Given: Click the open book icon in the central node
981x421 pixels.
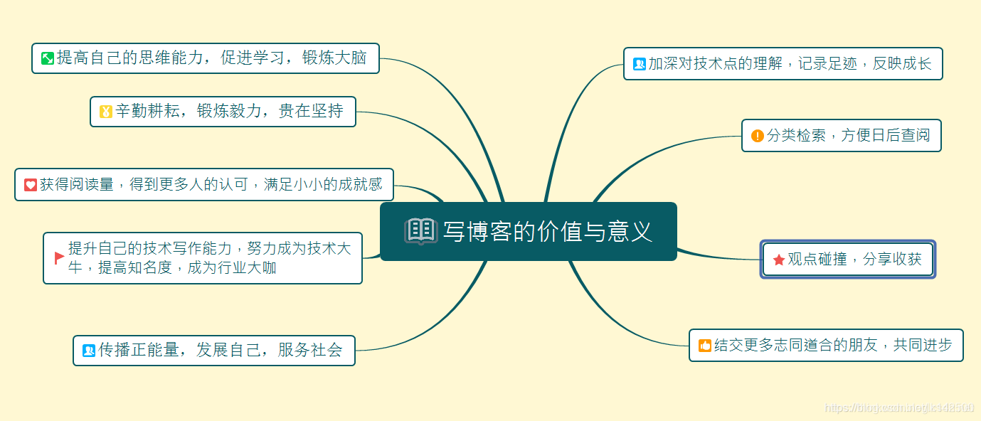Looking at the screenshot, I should click(420, 231).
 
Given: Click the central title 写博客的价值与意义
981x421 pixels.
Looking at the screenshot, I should click(547, 231).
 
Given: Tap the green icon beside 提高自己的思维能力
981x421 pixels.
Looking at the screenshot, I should click(48, 58).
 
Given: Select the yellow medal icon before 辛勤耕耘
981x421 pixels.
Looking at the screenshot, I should click(106, 111).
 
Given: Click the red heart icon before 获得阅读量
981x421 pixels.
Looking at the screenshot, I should click(31, 185).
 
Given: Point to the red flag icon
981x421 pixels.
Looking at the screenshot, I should click(59, 258).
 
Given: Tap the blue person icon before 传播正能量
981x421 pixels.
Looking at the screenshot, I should click(89, 350).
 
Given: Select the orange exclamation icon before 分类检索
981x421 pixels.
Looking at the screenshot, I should click(758, 135).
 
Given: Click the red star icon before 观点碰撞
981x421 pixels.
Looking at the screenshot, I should click(779, 260).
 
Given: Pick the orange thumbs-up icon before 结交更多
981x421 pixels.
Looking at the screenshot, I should click(705, 346).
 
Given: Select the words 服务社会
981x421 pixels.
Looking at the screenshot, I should click(310, 350).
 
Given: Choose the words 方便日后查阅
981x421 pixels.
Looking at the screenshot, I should click(886, 135).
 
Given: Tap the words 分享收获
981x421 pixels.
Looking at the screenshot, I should click(892, 260).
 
